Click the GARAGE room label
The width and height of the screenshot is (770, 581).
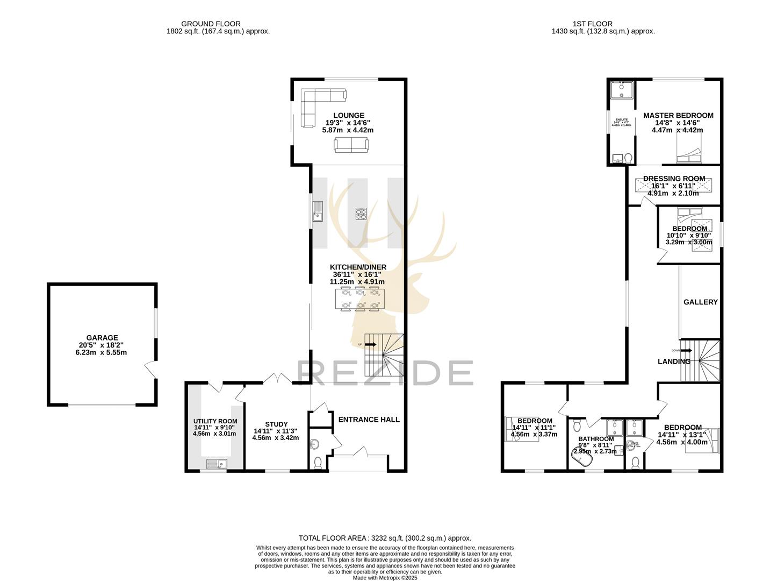pyautogui.click(x=102, y=338)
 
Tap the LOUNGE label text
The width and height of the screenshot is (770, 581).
pyautogui.click(x=348, y=115)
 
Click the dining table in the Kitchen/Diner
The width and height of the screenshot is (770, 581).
pyautogui.click(x=360, y=299)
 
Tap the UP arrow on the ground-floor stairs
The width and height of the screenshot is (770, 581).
pyautogui.click(x=371, y=344)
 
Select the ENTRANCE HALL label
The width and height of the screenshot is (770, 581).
pyautogui.click(x=369, y=420)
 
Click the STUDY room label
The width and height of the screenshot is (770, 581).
pyautogui.click(x=276, y=424)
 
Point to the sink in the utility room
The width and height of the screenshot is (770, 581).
pyautogui.click(x=216, y=463)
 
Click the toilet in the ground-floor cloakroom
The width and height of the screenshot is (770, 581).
pyautogui.click(x=318, y=462)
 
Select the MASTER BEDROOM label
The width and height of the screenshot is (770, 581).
pyautogui.click(x=678, y=115)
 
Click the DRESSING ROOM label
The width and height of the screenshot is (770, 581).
pyautogui.click(x=674, y=179)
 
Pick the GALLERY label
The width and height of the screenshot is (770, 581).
pyautogui.click(x=700, y=302)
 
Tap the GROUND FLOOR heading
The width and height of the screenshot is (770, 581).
pyautogui.click(x=211, y=24)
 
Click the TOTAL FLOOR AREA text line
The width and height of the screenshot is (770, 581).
pyautogui.click(x=385, y=538)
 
